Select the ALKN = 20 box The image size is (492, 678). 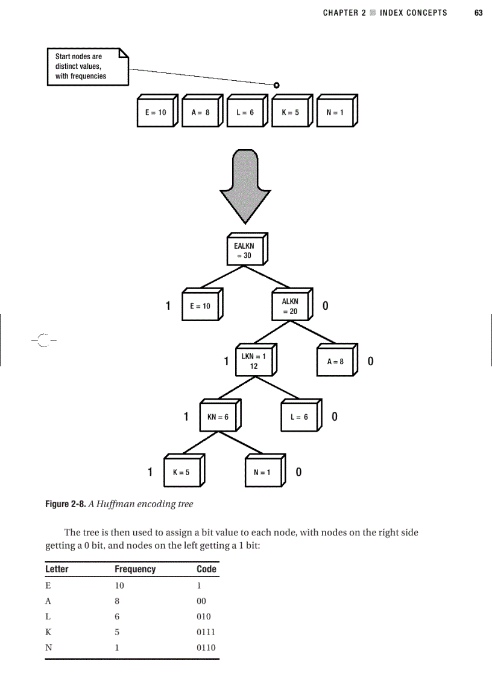pos(290,307)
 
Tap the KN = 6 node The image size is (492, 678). pos(218,417)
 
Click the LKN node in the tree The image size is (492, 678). pos(254,361)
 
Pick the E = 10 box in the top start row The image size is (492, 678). pos(156,112)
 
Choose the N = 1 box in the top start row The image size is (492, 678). pos(334,112)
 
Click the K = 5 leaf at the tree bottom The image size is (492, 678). pos(181,473)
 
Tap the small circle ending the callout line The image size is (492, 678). pos(276,85)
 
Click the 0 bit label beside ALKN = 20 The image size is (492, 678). pos(326,306)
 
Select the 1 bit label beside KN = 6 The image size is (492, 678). pos(187,417)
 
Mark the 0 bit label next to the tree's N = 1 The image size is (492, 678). pos(298,472)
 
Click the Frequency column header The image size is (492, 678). pos(135,569)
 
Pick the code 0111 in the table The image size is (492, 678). pos(206,632)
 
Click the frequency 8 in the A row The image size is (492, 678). pos(117,601)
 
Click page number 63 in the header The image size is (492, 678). pos(479,13)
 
